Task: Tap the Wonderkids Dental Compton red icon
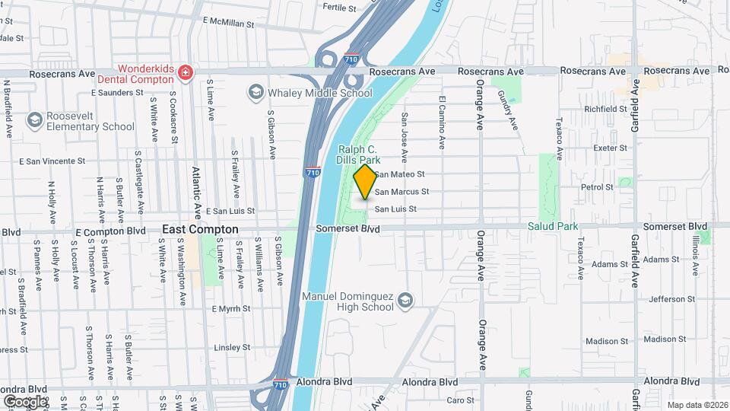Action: (184, 73)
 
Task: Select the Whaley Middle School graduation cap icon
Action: (255, 93)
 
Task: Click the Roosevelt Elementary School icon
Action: (34, 120)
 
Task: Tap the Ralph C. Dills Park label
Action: (357, 155)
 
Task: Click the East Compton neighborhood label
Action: (200, 229)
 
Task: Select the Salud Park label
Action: (553, 226)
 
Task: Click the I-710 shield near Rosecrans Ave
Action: (351, 58)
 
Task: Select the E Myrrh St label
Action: (230, 308)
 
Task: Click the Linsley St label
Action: (233, 347)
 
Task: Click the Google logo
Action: (25, 400)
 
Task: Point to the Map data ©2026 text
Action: (696, 404)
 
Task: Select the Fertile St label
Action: (339, 8)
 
